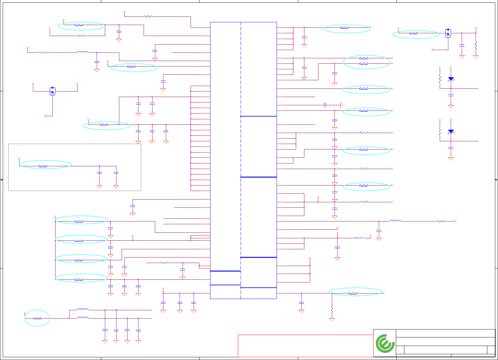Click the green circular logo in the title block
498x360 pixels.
pos(385,344)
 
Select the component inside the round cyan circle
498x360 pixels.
pos(37,318)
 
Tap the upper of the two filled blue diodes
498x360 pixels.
pos(451,79)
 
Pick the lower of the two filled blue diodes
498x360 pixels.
pos(451,131)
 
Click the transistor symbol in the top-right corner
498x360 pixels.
pos(448,32)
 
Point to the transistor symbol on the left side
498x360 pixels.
pos(52,91)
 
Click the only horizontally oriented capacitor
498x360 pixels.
pos(325,105)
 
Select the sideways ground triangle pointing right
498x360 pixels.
pos(342,105)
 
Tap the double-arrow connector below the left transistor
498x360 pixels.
pos(46,116)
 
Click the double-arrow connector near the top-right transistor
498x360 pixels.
pos(433,50)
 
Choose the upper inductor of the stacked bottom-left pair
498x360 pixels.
pos(83,309)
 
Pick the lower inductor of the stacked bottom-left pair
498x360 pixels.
pos(83,318)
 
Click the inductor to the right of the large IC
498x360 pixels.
pos(396,221)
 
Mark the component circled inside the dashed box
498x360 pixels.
pos(43,166)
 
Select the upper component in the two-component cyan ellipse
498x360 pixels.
pos(364,58)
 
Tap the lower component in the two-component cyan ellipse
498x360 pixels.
pos(364,64)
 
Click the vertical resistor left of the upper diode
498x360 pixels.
pos(440,79)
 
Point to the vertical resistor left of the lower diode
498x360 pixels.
pos(440,131)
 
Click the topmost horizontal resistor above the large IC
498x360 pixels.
pos(148,16)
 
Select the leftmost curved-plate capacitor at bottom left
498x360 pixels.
pos(105,330)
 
